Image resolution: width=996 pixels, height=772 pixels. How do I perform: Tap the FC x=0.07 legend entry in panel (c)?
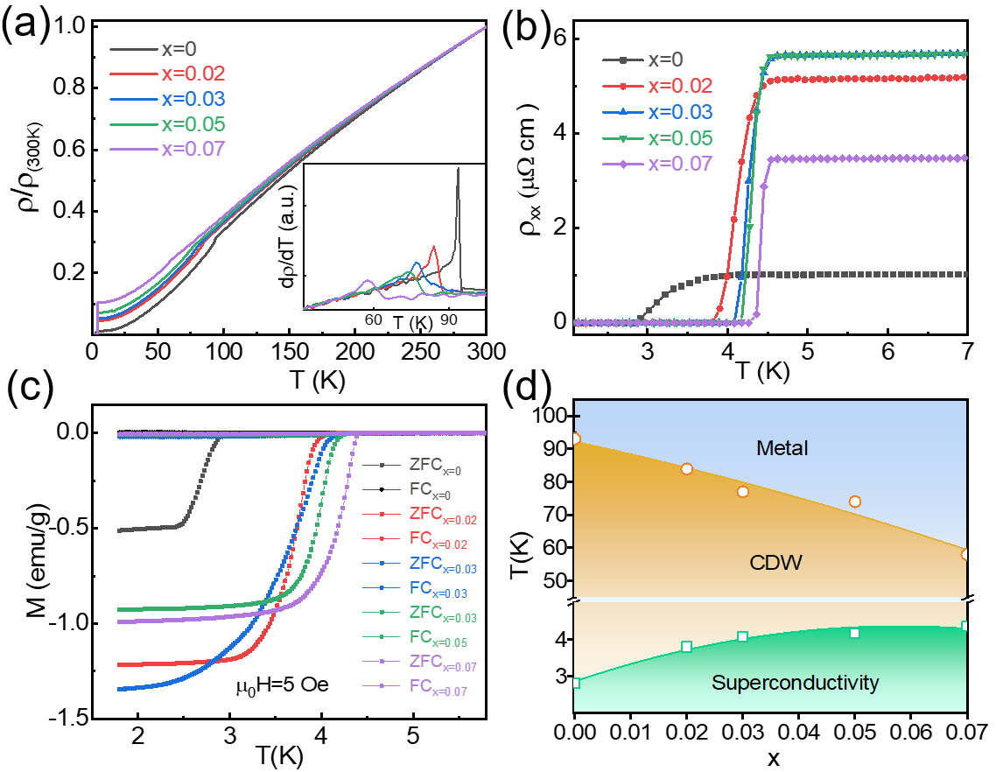[426, 691]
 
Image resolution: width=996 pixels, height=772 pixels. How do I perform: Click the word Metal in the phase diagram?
[781, 448]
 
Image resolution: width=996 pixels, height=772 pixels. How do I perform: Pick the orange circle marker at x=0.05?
[854, 502]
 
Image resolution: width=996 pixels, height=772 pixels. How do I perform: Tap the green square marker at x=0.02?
[686, 646]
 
